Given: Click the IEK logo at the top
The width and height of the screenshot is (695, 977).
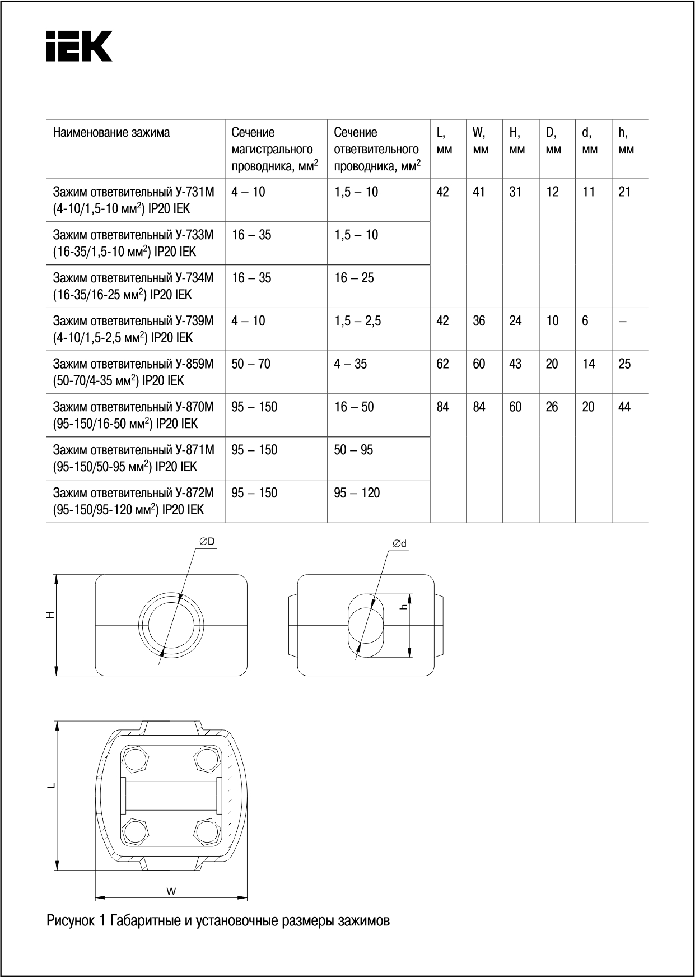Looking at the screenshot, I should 80,46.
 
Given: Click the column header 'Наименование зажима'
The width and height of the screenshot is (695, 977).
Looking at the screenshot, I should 111,133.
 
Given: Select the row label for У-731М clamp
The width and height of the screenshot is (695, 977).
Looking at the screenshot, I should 133,200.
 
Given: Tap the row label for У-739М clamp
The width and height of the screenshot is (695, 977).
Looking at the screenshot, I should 133,329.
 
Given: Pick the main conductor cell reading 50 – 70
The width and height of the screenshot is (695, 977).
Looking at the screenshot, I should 251,364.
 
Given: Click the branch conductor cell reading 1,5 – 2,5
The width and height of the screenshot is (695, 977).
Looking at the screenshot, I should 357,321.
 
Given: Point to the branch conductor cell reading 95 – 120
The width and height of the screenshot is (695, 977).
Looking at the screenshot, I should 357,493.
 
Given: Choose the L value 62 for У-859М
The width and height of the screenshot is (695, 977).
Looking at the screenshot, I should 442,364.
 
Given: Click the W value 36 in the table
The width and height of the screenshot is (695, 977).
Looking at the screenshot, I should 479,321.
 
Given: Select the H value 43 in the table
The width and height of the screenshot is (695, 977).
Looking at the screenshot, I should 515,364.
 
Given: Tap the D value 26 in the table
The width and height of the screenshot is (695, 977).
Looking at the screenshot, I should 552,407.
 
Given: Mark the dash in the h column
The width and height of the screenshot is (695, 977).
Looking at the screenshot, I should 623,322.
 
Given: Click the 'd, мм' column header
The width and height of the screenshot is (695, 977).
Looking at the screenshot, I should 589,141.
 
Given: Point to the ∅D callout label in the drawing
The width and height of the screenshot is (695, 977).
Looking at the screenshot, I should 207,542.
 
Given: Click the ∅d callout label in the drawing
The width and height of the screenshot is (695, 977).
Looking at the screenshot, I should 399,543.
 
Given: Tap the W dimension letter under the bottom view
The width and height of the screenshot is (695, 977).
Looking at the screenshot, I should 171,891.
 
